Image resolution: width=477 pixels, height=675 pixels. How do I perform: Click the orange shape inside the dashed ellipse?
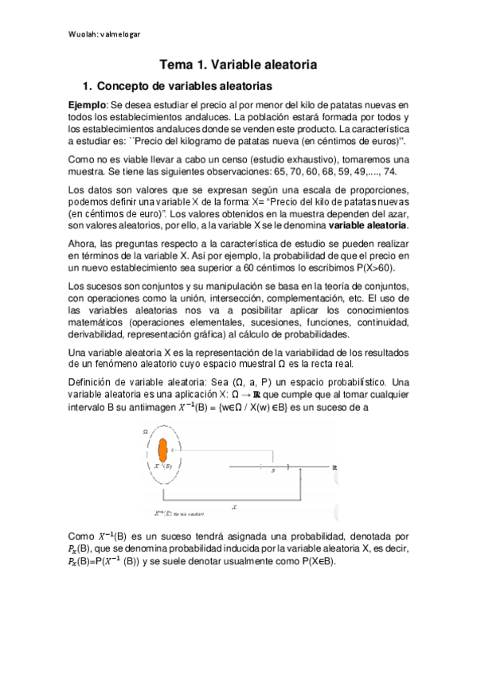tap(163, 451)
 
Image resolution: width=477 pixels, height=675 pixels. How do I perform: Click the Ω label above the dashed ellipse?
tap(146, 430)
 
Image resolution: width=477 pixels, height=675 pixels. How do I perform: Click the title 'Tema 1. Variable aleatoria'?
tap(238, 63)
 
